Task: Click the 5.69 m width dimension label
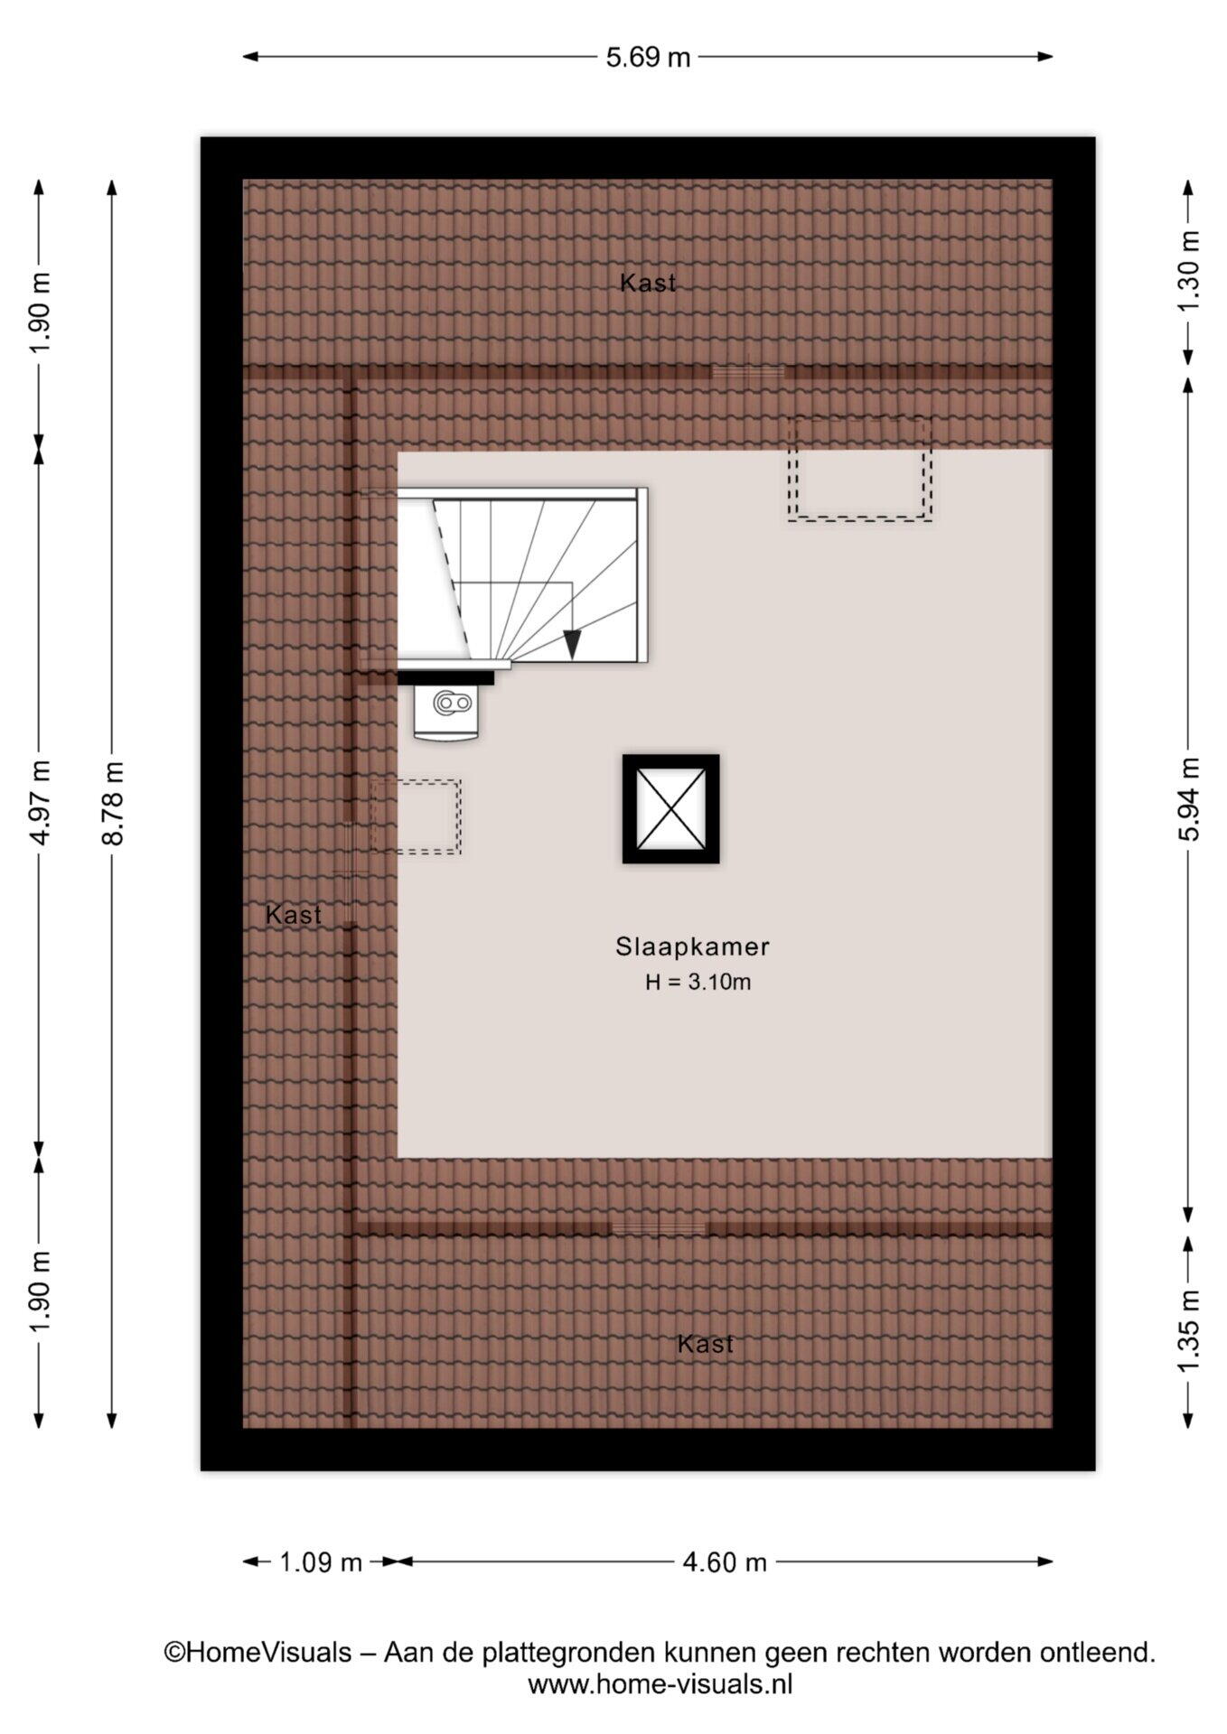point(647,58)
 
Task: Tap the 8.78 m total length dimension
point(113,804)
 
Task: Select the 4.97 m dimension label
point(40,804)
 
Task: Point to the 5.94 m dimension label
point(1188,799)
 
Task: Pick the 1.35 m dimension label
point(1188,1330)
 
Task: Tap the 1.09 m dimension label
point(320,1562)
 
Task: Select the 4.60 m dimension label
point(725,1562)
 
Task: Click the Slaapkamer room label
point(692,946)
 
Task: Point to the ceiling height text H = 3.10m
point(698,982)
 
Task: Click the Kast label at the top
point(648,283)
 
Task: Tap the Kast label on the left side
point(294,915)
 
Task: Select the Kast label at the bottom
point(706,1344)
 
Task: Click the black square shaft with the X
point(670,809)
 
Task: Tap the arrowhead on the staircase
point(572,644)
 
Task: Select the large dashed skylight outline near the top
point(859,469)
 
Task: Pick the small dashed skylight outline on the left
point(416,816)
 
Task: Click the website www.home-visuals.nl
point(660,1684)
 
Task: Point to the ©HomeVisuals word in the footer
point(258,1653)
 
